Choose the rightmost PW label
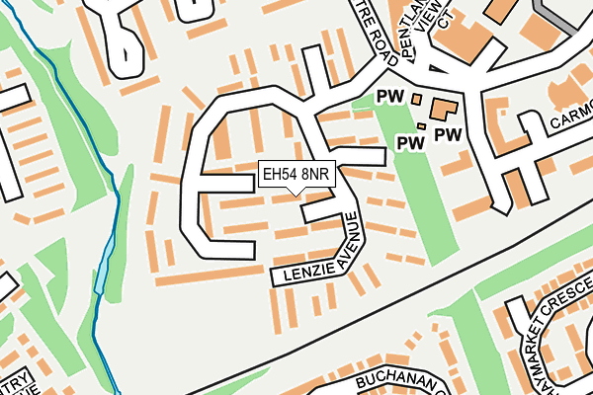coord(449,133)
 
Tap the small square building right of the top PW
coord(416,98)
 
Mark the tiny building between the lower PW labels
coord(422,126)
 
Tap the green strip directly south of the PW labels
coord(421,197)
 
